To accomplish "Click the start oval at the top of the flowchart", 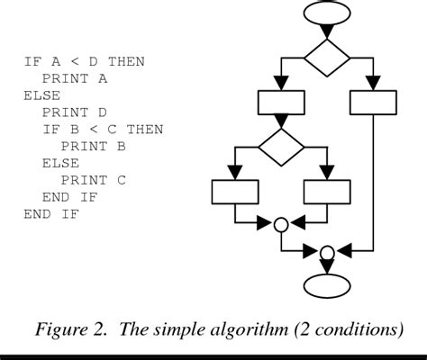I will click(327, 14).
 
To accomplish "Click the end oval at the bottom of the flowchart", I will click(327, 286).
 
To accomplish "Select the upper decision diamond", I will click(327, 59).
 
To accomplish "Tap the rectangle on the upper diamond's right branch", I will click(373, 103).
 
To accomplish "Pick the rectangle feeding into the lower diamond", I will click(281, 103).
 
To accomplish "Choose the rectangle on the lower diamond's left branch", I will click(235, 192).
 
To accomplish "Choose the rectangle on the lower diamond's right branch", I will click(328, 192).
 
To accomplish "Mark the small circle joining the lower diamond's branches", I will click(281, 223).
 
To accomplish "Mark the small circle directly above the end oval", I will click(327, 251).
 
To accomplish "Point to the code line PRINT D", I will click(72, 112).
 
